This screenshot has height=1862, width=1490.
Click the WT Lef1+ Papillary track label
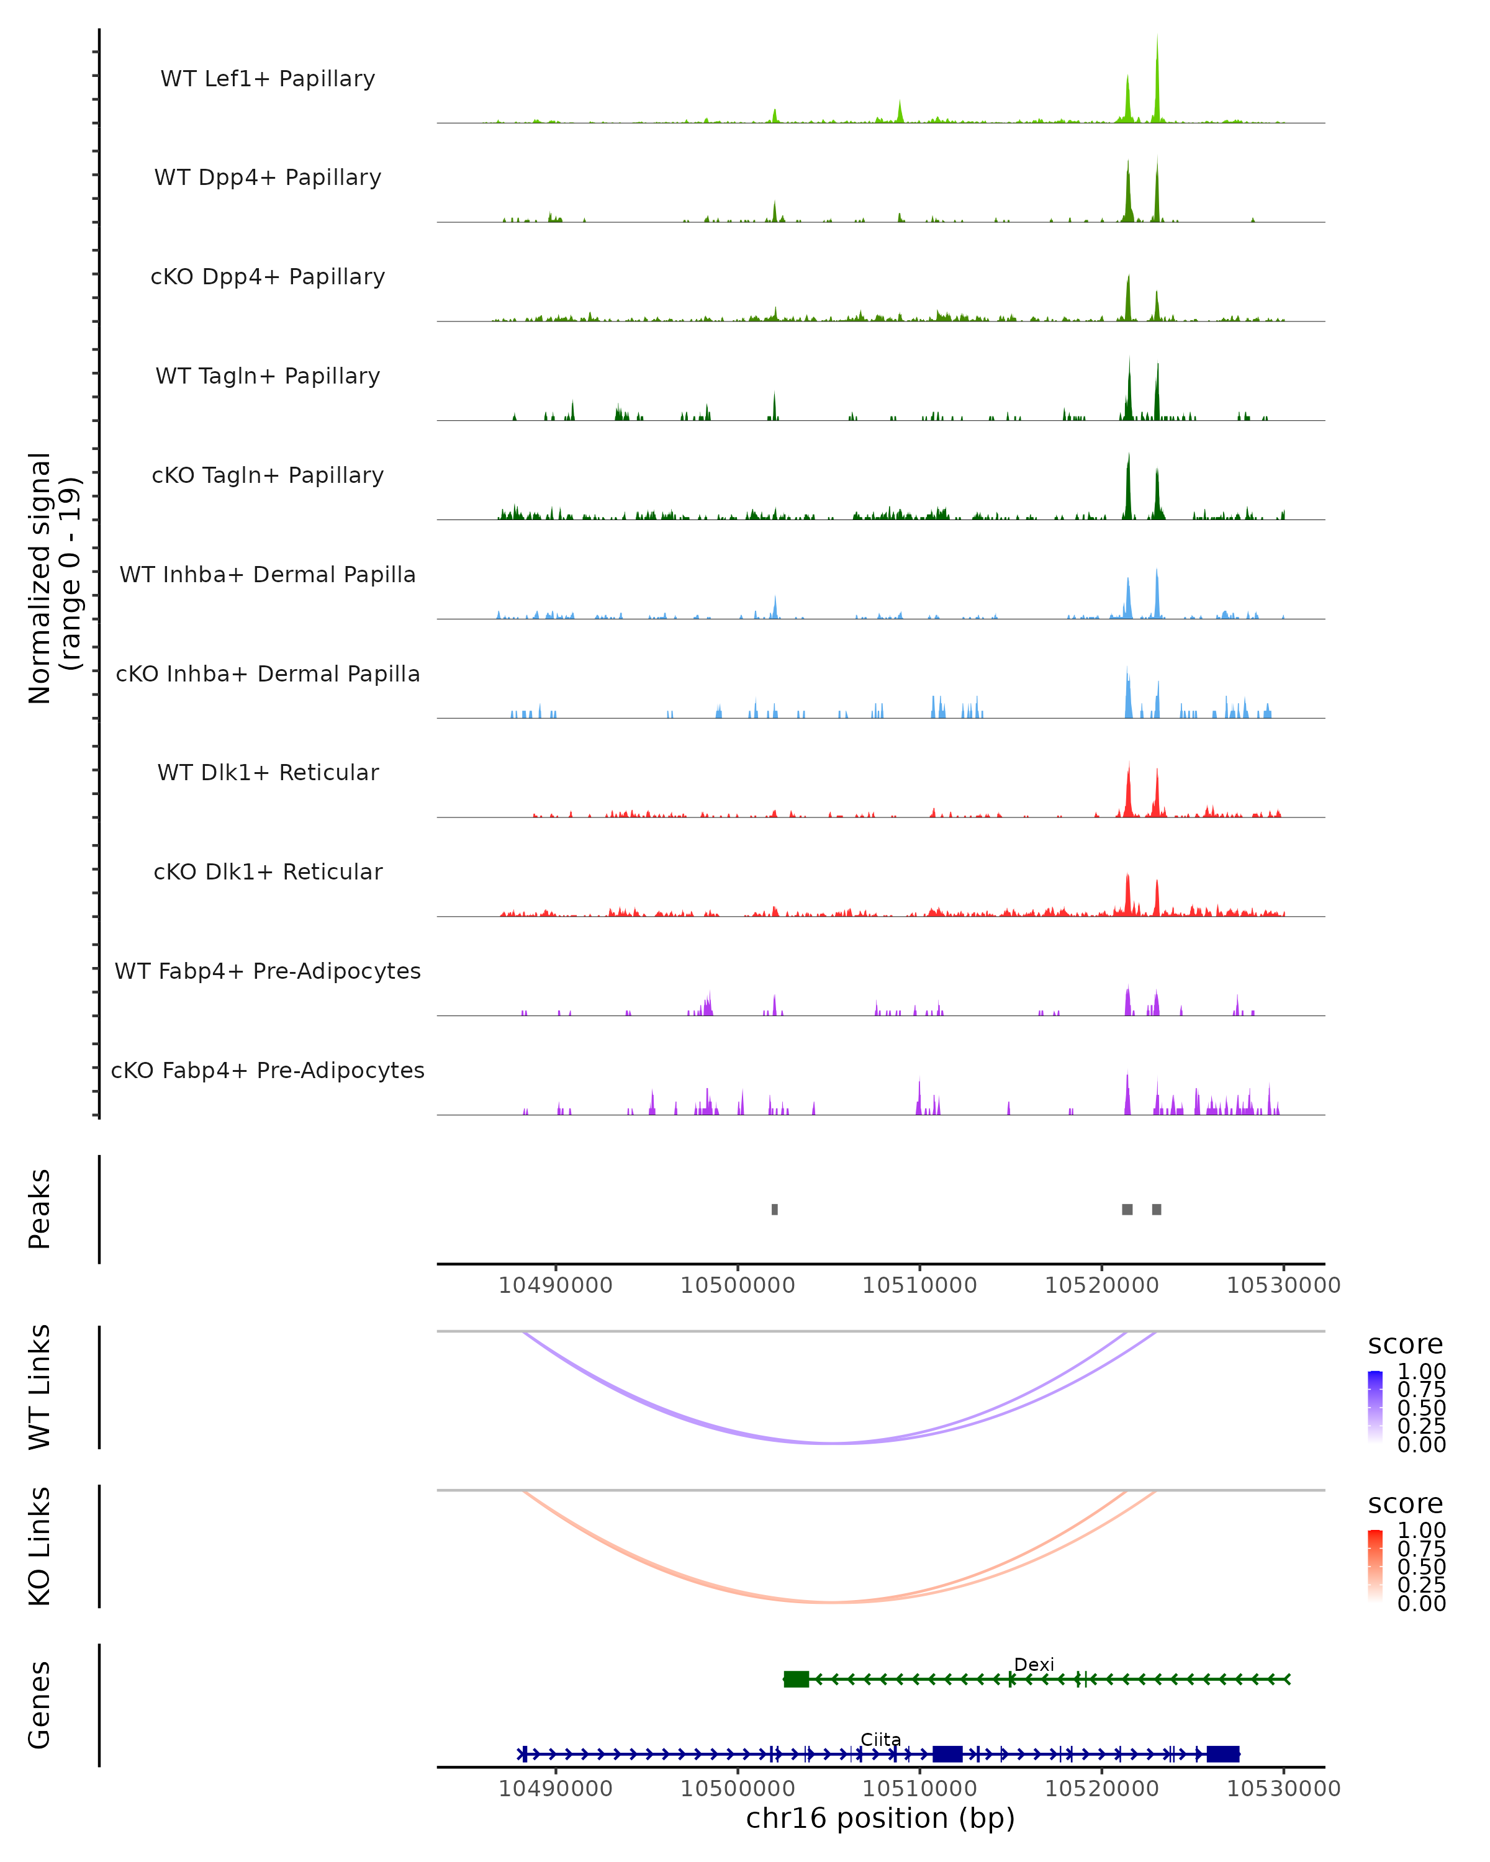[268, 79]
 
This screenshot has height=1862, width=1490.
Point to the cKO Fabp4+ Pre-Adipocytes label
[268, 1070]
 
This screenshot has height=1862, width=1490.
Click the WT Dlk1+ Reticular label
[268, 772]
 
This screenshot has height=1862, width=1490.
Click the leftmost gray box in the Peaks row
[775, 1209]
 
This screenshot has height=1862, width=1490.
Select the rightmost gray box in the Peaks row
[1157, 1209]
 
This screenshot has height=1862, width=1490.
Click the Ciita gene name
[880, 1739]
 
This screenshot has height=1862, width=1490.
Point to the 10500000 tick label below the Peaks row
[737, 1285]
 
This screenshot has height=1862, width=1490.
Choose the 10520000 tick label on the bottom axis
[1101, 1789]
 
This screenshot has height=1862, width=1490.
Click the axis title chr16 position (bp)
[880, 1819]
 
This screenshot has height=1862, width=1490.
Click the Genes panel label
[40, 1705]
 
